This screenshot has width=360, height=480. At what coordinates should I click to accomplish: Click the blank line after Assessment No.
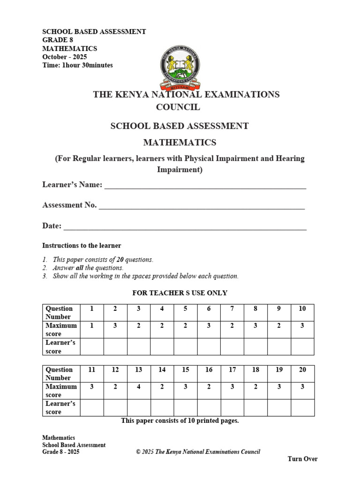pyautogui.click(x=202, y=207)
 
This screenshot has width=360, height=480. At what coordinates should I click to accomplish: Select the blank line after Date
pyautogui.click(x=185, y=228)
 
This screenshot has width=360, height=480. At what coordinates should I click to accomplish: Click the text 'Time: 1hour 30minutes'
pyautogui.click(x=77, y=65)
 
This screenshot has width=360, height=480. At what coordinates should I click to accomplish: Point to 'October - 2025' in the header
pyautogui.click(x=65, y=57)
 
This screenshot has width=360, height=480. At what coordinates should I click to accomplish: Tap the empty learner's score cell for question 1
pyautogui.click(x=92, y=346)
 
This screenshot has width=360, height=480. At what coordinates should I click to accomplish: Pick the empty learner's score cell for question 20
pyautogui.click(x=302, y=407)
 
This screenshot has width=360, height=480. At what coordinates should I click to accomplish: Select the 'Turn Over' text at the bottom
pyautogui.click(x=302, y=459)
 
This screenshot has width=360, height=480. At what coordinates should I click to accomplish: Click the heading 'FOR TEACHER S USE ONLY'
pyautogui.click(x=180, y=293)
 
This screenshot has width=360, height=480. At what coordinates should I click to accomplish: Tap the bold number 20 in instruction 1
pyautogui.click(x=120, y=260)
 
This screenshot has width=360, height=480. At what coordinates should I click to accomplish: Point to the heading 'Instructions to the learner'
pyautogui.click(x=82, y=246)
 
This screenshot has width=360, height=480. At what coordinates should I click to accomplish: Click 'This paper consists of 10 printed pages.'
pyautogui.click(x=180, y=420)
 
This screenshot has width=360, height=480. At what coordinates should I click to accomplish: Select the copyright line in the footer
pyautogui.click(x=198, y=452)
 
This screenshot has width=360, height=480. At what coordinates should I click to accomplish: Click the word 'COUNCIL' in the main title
pyautogui.click(x=178, y=107)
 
